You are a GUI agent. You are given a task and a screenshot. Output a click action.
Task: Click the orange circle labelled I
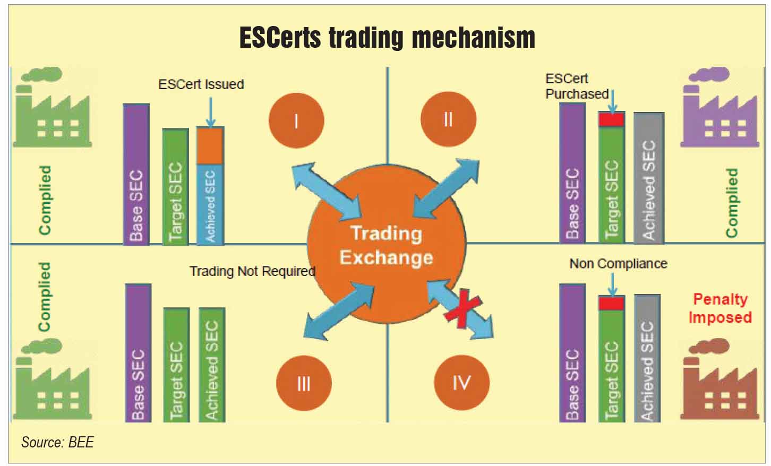coord(296,122)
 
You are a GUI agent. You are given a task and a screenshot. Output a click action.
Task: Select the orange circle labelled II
coord(448,120)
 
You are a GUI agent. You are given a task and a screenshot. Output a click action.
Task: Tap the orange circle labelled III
coord(304,383)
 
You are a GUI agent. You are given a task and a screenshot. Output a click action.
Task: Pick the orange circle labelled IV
coord(461,382)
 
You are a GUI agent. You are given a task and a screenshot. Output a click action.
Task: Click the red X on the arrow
coord(462,308)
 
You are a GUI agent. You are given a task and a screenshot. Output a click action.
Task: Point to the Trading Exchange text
coord(386,246)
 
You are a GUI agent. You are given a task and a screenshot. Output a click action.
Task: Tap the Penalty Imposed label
coord(720,308)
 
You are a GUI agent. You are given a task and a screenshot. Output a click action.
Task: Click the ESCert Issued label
coord(201,84)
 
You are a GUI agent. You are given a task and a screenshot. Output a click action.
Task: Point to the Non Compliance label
coord(618,264)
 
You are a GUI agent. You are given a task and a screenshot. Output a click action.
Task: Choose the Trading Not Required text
coord(252,271)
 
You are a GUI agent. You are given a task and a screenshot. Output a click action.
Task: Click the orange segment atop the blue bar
coord(210,145)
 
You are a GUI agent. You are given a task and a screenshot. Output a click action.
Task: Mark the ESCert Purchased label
coord(577,87)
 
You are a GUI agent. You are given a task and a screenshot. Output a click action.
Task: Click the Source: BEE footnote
coord(57,442)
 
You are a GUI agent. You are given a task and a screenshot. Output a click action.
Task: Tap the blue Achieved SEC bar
coord(210,204)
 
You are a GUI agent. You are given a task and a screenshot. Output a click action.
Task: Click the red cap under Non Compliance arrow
coord(611,303)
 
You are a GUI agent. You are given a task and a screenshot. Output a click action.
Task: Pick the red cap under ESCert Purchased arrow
coord(612,119)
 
